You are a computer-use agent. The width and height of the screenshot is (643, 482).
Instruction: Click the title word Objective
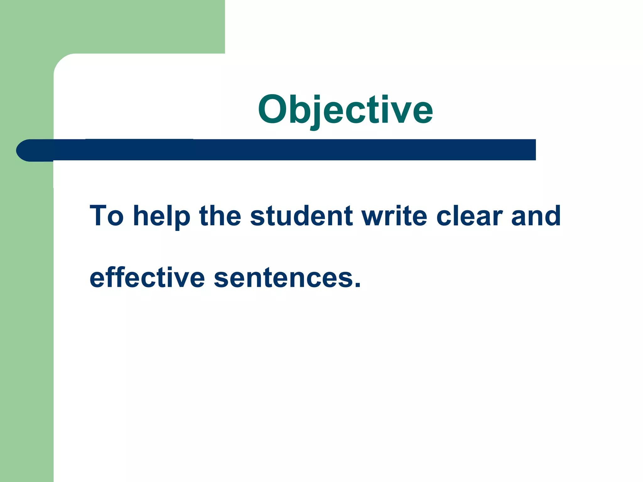pos(345,110)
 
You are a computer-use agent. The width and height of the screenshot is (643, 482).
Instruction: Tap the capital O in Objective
pos(272,109)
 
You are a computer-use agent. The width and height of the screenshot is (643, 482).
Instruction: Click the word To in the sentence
pos(106,216)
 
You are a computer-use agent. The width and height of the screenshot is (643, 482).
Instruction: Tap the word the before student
pos(220,216)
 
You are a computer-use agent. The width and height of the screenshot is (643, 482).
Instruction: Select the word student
pos(301,216)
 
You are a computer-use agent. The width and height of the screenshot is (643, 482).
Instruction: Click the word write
pos(394,216)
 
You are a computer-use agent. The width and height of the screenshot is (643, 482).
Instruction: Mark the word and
pos(536,216)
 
